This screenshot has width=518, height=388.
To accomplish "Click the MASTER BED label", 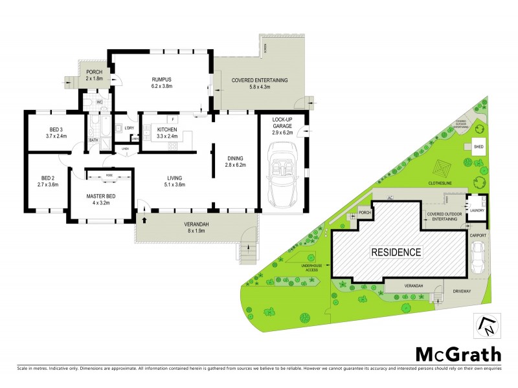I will (x=101, y=197).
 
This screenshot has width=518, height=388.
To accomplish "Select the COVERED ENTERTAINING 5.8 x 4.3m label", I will (x=260, y=83).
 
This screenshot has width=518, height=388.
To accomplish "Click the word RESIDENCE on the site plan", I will (x=396, y=252).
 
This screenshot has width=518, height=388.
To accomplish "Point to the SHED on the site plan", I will (x=479, y=147).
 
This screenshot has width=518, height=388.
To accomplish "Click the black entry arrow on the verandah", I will (x=144, y=220).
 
